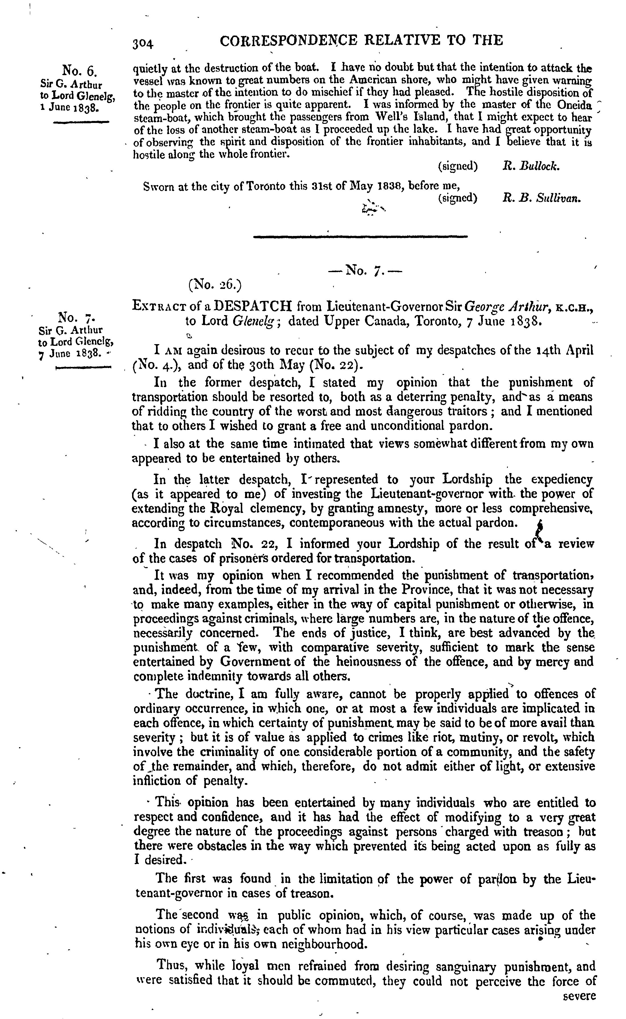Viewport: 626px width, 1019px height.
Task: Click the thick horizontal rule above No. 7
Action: (x=360, y=236)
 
